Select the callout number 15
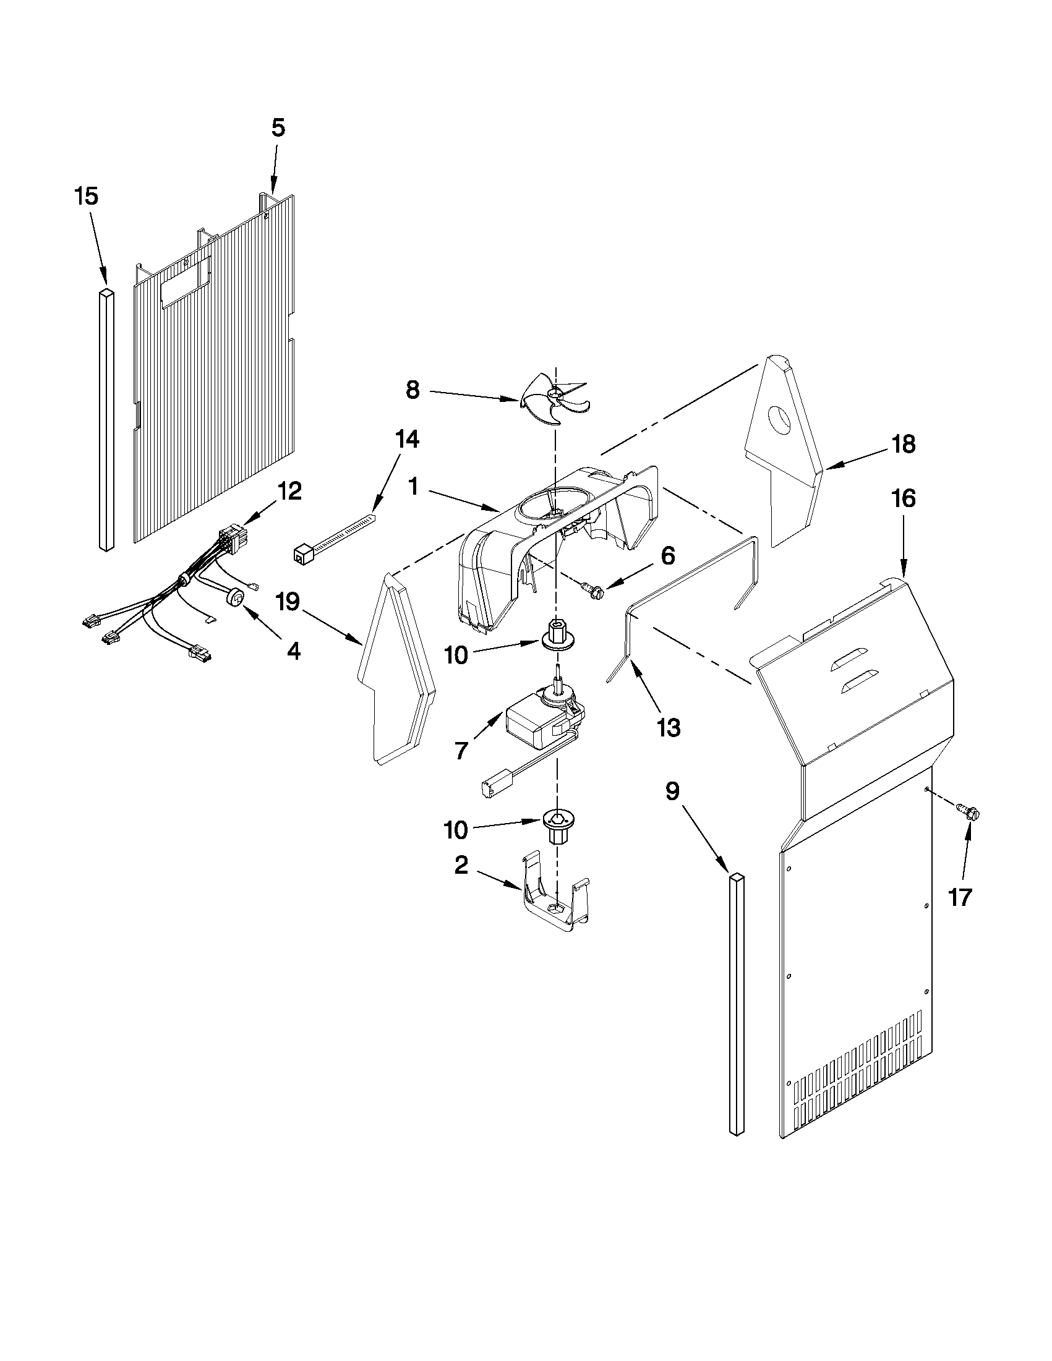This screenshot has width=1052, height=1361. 86,196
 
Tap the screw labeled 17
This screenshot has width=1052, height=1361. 970,811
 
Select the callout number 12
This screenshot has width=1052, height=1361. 290,491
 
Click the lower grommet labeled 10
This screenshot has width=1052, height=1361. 557,824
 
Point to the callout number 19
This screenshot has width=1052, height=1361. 289,602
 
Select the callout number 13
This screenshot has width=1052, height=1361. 668,727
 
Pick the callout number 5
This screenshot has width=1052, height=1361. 278,128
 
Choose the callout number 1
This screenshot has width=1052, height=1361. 413,487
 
